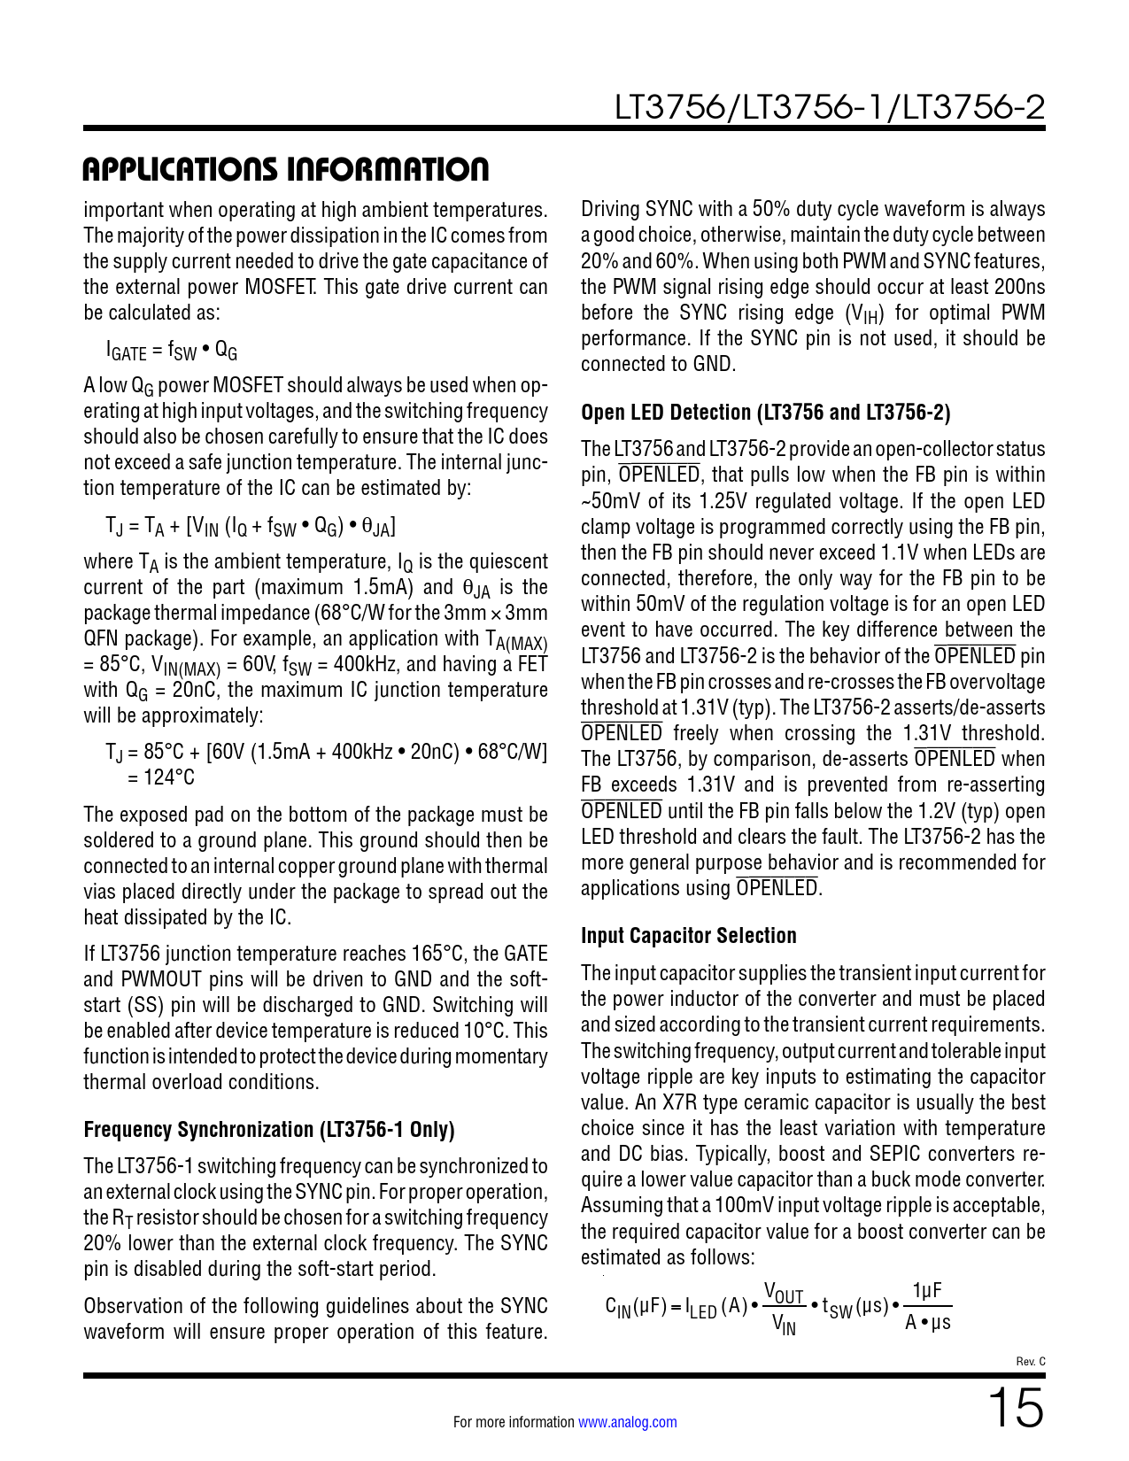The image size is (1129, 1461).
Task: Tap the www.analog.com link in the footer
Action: point(627,1422)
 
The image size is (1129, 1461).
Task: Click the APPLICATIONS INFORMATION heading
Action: point(285,169)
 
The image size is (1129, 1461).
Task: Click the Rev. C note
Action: point(1030,1361)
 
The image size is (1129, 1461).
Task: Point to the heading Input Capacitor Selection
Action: point(688,936)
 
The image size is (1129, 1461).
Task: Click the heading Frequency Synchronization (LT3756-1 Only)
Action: point(268,1130)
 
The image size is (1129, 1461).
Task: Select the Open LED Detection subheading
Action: point(765,413)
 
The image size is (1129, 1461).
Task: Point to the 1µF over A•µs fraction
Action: point(927,1307)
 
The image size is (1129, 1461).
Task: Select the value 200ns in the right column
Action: point(1018,287)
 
